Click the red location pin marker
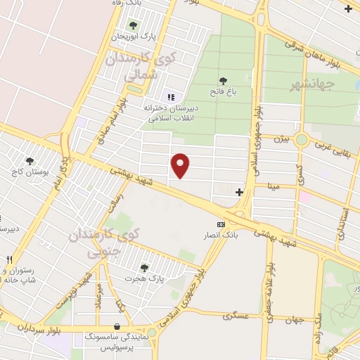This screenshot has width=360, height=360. click(x=181, y=165)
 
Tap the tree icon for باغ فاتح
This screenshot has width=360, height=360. click(x=223, y=81)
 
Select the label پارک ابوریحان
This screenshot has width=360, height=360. click(x=136, y=35)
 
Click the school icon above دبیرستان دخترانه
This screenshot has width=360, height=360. click(x=169, y=97)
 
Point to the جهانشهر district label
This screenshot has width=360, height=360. click(x=314, y=85)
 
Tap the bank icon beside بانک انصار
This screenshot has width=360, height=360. click(x=221, y=224)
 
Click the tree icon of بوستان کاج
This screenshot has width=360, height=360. click(x=30, y=161)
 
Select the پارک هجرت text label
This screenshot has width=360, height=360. click(x=144, y=279)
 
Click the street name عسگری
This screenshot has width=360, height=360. click(x=236, y=316)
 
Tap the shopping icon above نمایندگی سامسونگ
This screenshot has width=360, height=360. click(x=117, y=326)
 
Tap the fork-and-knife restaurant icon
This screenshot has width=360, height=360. click(x=9, y=259)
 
